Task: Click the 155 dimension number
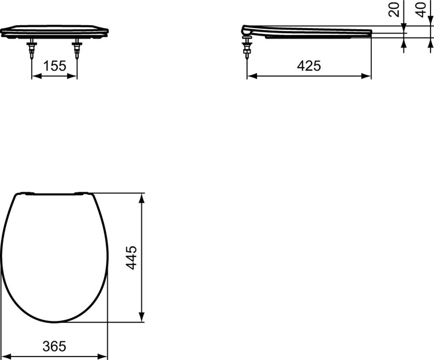click(x=55, y=66)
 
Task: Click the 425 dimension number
click(x=309, y=66)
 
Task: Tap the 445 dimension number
click(x=132, y=258)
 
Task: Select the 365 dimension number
click(x=55, y=346)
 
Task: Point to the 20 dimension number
click(x=394, y=10)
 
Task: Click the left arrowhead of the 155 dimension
click(x=36, y=76)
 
